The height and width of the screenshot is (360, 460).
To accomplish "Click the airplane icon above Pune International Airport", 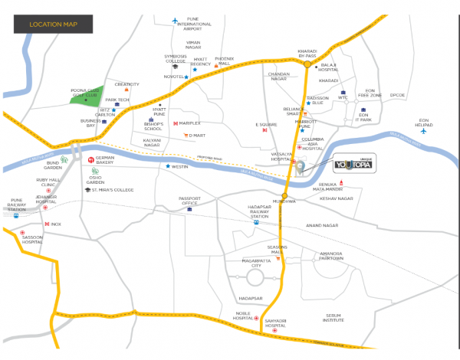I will [x=176, y=19].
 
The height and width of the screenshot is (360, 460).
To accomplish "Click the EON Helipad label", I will [x=424, y=122].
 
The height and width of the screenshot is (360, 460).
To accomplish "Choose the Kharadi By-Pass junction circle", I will [x=307, y=65].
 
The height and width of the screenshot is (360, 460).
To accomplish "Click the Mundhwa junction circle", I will [x=284, y=196].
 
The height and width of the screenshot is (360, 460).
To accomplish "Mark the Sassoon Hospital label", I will [x=33, y=241].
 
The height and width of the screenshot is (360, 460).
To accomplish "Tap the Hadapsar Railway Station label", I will [x=260, y=211].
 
